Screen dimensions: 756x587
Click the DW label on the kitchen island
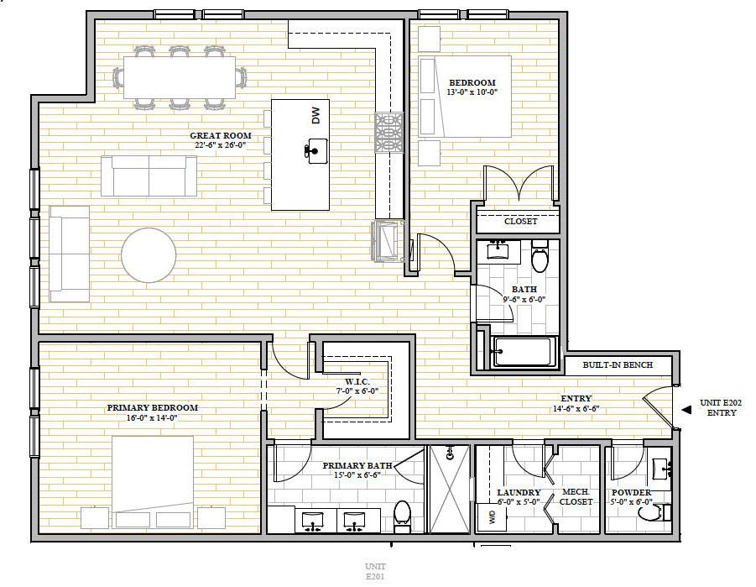315,115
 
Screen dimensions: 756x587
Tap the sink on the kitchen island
315,151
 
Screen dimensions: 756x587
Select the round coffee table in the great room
149,255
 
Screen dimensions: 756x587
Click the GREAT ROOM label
221,136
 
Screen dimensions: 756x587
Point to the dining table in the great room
180,77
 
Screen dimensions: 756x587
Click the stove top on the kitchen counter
388,133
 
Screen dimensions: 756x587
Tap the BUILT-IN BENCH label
618,365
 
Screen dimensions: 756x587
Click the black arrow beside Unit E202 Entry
686,410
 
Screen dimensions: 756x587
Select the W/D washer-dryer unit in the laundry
492,517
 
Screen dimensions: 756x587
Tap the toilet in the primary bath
402,516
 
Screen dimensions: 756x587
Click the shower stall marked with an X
450,489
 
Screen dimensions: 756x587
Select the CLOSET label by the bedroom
521,221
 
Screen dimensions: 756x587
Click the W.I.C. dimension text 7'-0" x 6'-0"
357,391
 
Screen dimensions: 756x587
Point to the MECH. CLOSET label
576,497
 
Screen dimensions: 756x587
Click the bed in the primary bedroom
153,481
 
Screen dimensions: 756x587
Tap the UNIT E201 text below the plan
375,571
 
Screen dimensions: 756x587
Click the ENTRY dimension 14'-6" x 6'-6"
576,408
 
